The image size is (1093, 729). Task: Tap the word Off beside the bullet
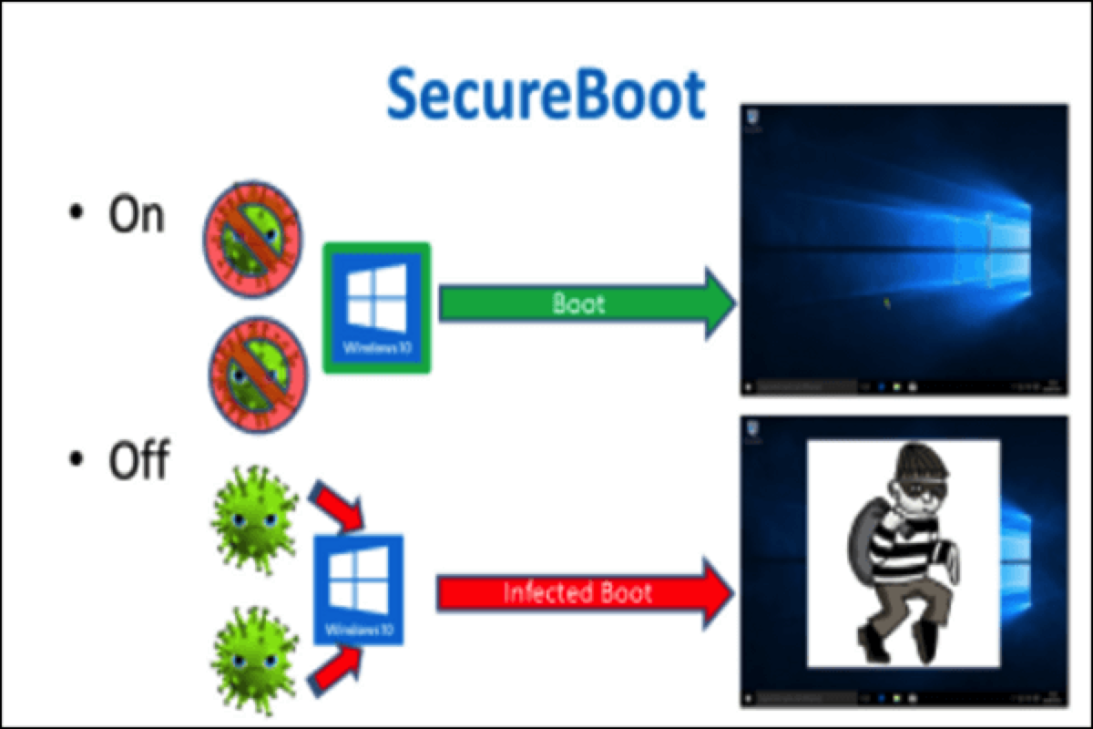pyautogui.click(x=138, y=461)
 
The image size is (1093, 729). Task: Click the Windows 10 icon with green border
pyautogui.click(x=377, y=307)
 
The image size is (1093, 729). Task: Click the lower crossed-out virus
pyautogui.click(x=254, y=375)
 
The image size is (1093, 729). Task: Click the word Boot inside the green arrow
pyautogui.click(x=578, y=303)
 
